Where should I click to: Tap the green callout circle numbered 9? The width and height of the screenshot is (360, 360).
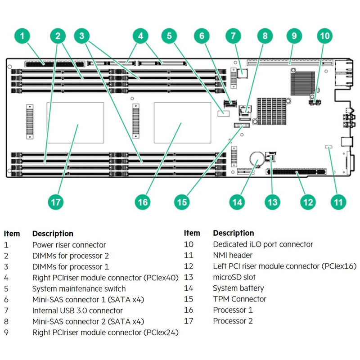click(x=293, y=36)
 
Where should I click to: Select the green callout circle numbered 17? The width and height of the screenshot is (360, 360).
click(x=55, y=202)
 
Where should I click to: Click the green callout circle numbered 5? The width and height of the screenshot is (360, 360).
click(x=169, y=36)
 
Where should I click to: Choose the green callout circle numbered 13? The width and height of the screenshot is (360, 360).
click(x=272, y=202)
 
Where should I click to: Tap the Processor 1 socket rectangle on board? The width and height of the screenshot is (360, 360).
click(x=182, y=122)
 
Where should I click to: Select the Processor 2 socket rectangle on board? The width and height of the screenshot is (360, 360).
click(x=75, y=122)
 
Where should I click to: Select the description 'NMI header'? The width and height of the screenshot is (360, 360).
click(x=233, y=255)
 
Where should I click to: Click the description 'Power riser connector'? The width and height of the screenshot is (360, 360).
click(x=69, y=245)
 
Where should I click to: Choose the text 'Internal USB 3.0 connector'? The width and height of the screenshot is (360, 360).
click(x=77, y=310)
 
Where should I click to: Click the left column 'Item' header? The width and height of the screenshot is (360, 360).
click(x=12, y=234)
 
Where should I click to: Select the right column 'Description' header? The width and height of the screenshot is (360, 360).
click(x=233, y=233)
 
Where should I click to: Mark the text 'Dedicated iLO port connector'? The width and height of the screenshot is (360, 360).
click(x=263, y=244)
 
